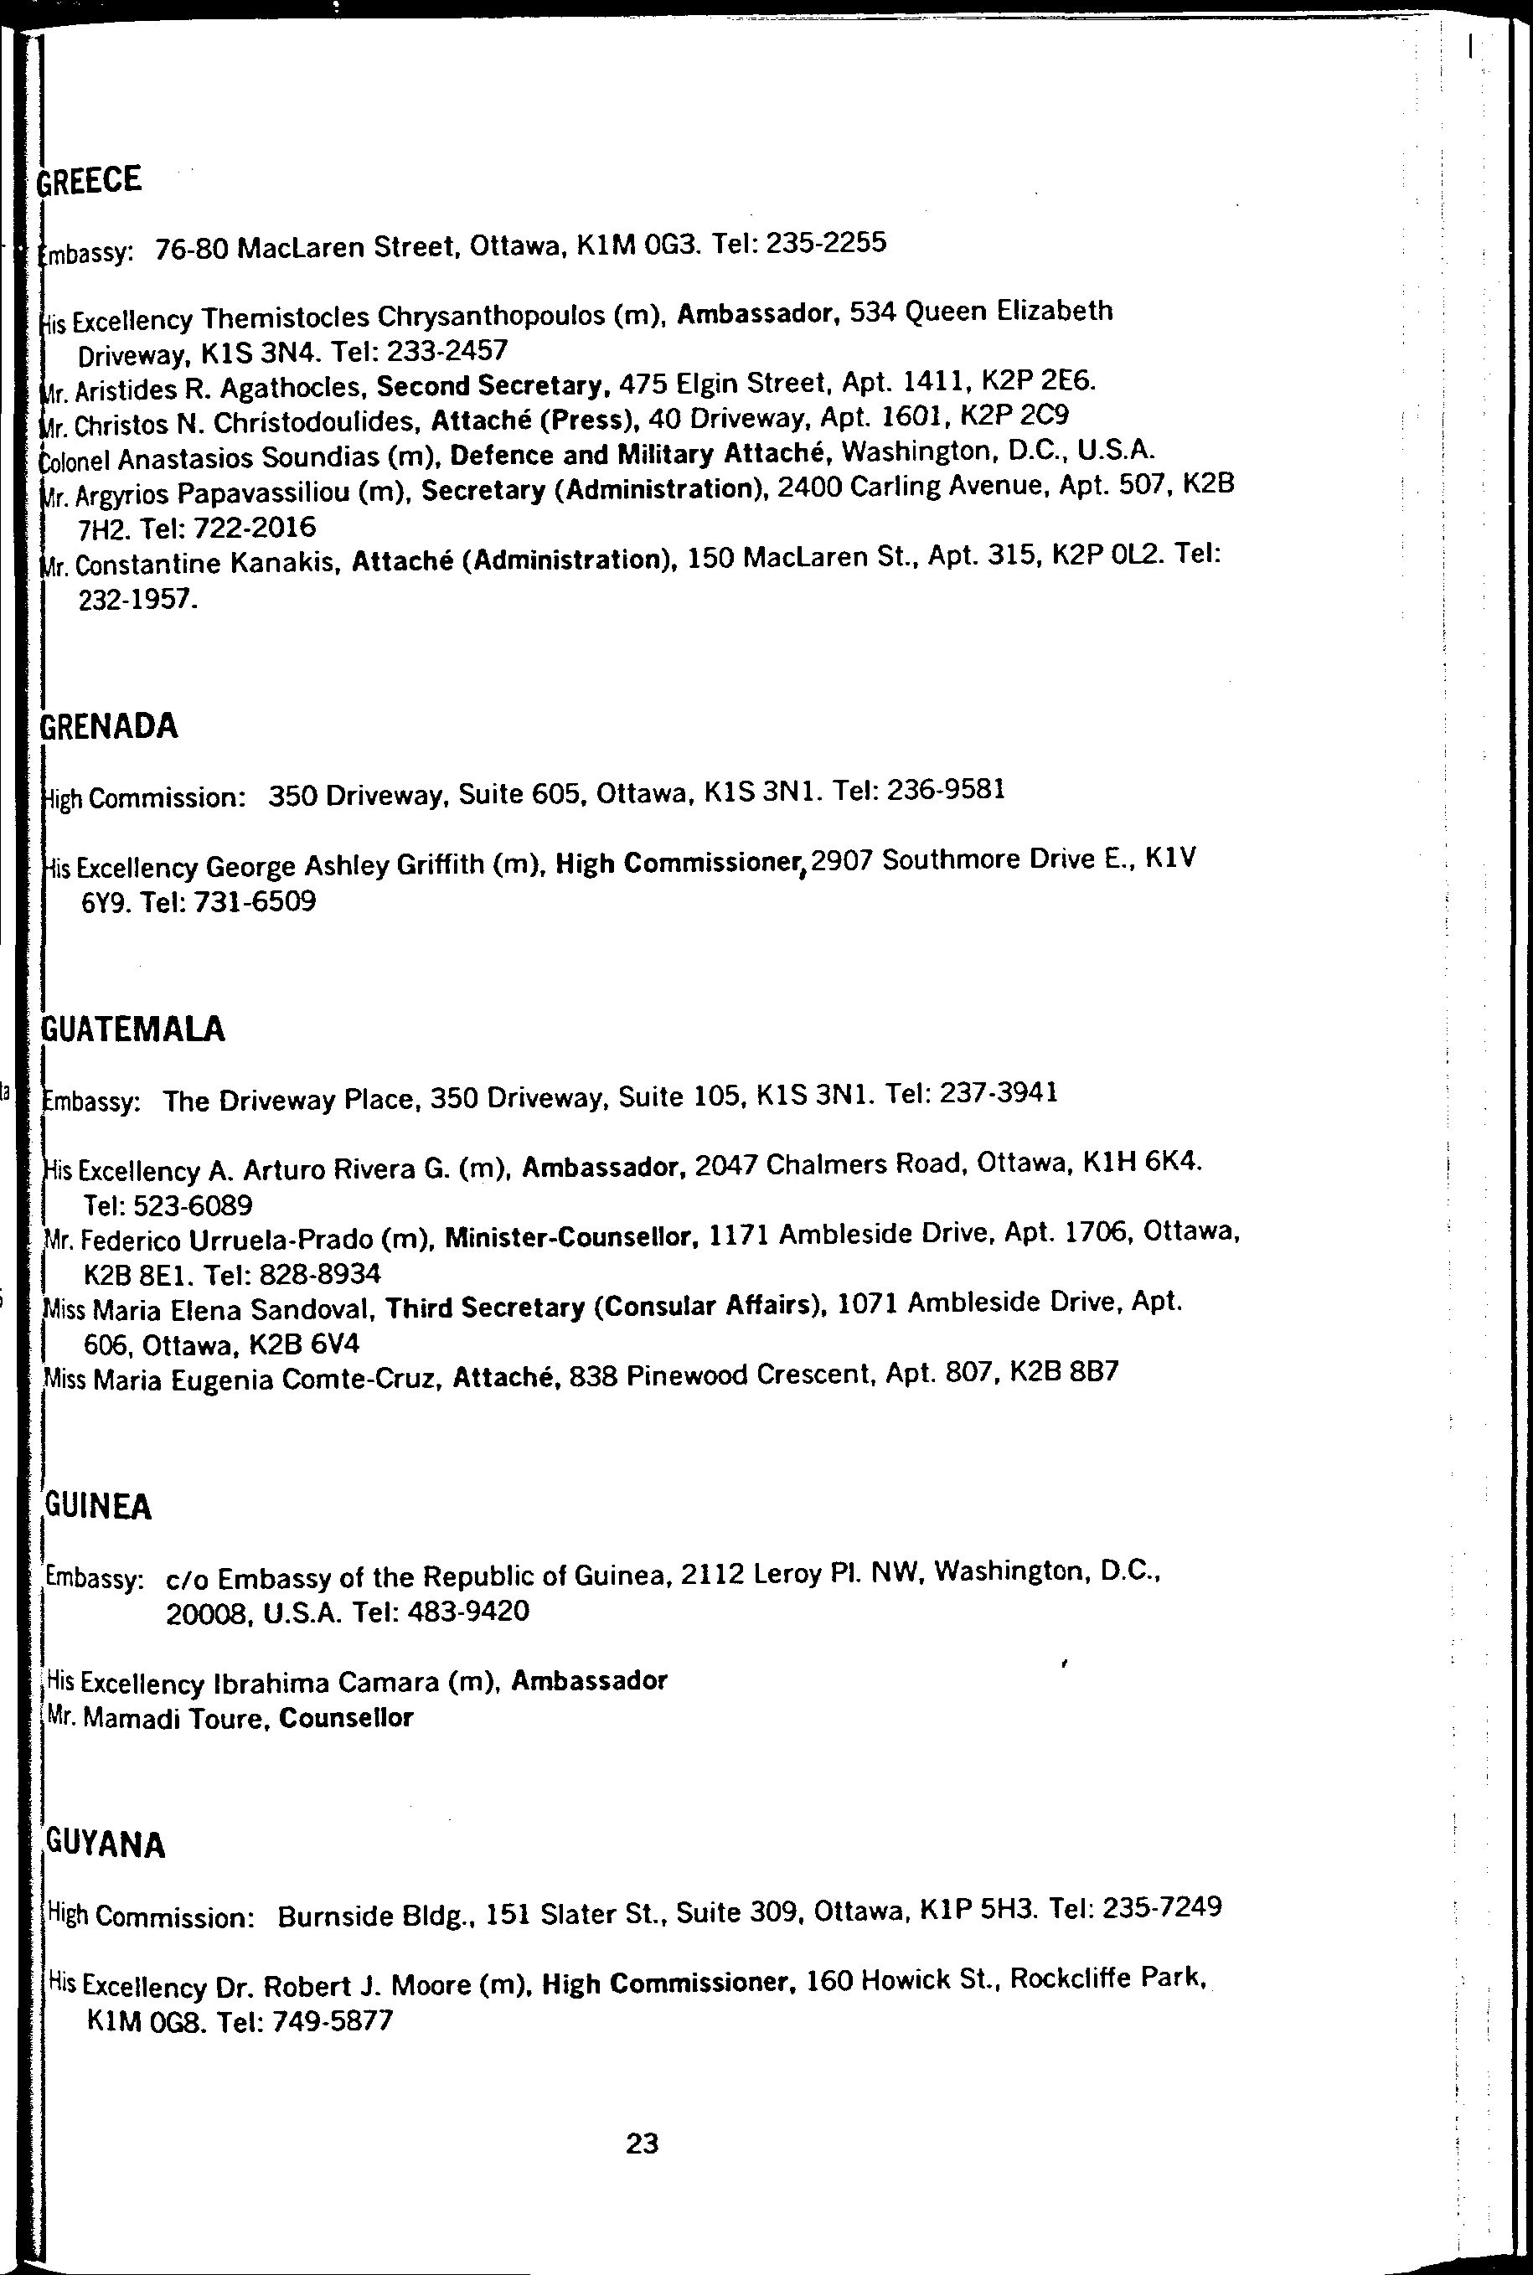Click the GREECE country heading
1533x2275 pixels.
90,180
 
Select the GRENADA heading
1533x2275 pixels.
110,726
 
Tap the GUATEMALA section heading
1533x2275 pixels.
134,1029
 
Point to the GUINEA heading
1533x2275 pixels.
99,1508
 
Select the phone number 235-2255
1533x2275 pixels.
826,242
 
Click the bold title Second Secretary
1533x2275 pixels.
489,386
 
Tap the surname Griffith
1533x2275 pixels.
438,865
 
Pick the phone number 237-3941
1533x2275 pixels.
999,1092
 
